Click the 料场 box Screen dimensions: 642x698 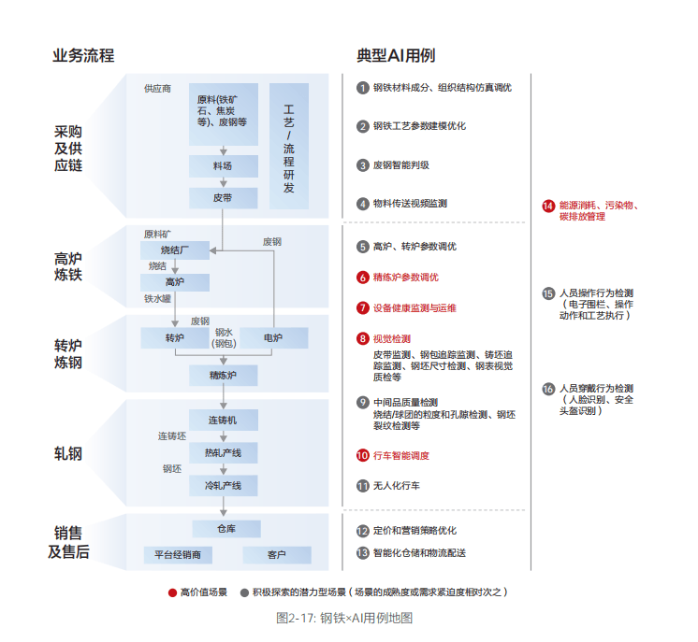223,165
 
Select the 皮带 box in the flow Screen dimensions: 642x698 223,198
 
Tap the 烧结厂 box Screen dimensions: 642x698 175,250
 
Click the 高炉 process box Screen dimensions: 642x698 175,281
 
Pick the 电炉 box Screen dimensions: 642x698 273,337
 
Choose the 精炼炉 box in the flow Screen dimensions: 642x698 223,375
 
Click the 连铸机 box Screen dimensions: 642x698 223,421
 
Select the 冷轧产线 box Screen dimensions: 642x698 223,485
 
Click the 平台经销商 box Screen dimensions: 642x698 178,555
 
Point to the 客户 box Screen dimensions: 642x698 276,555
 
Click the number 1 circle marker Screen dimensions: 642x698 363,88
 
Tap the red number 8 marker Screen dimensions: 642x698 363,338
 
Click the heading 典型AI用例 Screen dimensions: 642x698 396,55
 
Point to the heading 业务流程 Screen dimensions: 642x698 83,55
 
